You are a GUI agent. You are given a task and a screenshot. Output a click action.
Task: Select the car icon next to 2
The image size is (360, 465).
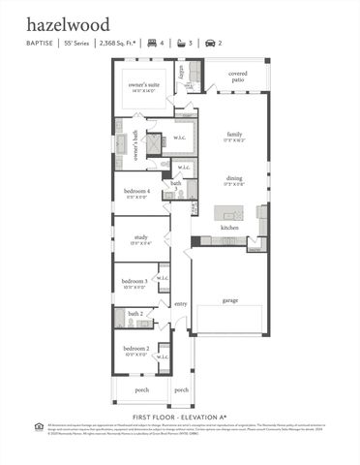(x=207, y=44)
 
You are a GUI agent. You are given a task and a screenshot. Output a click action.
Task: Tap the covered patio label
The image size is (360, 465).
(x=237, y=76)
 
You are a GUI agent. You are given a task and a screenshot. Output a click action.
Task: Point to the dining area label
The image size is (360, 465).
(x=235, y=178)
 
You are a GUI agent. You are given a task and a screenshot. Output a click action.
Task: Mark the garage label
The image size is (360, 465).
(x=229, y=300)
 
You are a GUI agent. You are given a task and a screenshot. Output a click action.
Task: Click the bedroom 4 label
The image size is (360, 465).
(x=136, y=192)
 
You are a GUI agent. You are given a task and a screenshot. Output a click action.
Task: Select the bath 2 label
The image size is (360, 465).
(x=135, y=314)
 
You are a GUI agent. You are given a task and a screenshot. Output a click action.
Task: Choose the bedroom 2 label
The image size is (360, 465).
(x=135, y=350)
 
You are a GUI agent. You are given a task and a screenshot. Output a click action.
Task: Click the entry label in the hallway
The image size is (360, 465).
(x=180, y=304)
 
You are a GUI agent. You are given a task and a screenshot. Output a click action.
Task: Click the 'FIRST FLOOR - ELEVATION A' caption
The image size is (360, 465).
(x=180, y=414)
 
